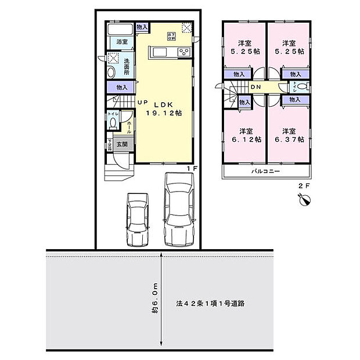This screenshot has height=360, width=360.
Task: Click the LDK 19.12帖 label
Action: [163, 109]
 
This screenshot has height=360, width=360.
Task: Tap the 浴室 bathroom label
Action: [121, 42]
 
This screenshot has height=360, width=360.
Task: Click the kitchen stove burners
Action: [184, 53]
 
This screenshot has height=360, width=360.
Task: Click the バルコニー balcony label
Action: [265, 172]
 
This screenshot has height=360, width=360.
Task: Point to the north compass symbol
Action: [304, 200]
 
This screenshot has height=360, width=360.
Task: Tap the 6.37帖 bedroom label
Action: [289, 135]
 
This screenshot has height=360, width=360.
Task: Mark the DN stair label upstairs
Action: [255, 88]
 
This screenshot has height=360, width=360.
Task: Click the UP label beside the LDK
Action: [142, 103]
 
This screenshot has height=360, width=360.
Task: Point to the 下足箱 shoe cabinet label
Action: [109, 144]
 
